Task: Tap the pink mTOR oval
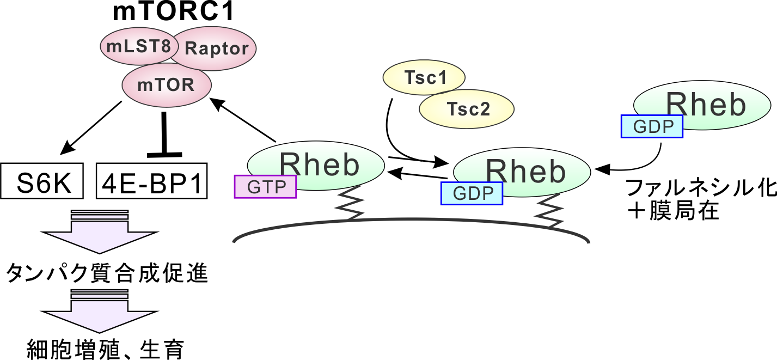click(166, 86)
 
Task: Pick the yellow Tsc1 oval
click(424, 77)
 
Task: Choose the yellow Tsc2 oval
click(467, 109)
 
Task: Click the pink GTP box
click(266, 187)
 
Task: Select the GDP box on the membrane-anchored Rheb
click(472, 193)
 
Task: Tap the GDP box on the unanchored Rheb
click(652, 126)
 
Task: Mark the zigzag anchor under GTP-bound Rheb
click(351, 203)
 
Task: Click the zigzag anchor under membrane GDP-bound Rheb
click(550, 210)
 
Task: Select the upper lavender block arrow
click(100, 234)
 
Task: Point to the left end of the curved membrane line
click(235, 241)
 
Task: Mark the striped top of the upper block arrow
click(100, 215)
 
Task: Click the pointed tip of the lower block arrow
click(100, 330)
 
